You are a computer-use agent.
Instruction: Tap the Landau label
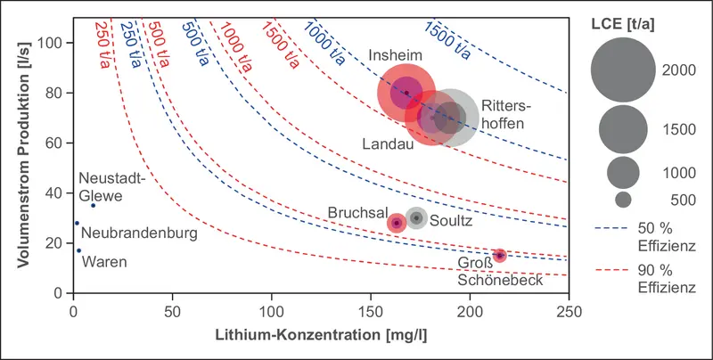[x=388, y=143]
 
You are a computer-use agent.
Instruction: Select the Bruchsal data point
[x=397, y=223]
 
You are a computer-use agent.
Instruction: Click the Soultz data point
[x=416, y=218]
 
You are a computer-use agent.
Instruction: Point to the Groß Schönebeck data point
[x=500, y=256]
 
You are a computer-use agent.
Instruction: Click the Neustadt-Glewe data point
[x=93, y=205]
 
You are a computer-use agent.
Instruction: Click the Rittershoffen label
[x=502, y=114]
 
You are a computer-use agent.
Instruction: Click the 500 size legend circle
[x=623, y=200]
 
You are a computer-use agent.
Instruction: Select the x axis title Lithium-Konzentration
[x=320, y=339]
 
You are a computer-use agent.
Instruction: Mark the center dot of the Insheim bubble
[x=407, y=93]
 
